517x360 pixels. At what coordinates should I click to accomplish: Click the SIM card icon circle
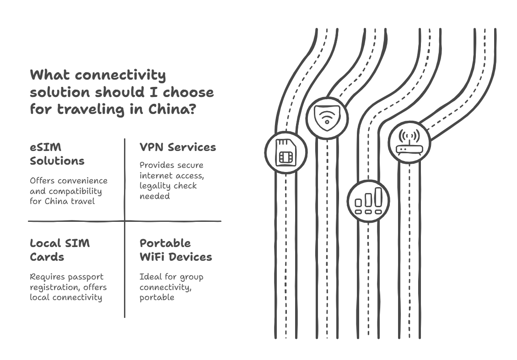point(286,152)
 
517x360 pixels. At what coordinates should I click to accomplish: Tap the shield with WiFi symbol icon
point(327,118)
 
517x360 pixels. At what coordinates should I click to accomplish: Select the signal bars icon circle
point(368,201)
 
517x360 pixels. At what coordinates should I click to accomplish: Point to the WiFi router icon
point(409,142)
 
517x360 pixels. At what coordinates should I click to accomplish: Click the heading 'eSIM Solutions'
point(57,154)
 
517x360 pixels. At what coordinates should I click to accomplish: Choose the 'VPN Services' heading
point(178,147)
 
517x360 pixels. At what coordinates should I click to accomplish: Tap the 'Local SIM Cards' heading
point(59,250)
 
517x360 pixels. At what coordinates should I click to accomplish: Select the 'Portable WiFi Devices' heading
point(176,250)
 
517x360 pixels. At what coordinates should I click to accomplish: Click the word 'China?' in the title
point(172,109)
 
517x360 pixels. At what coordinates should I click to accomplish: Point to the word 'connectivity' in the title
point(120,75)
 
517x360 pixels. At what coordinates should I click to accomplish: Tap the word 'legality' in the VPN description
point(154,186)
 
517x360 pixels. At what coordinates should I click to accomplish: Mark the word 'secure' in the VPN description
point(191,165)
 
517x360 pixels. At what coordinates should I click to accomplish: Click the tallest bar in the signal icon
point(378,197)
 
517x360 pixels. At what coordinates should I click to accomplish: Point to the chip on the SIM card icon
point(286,157)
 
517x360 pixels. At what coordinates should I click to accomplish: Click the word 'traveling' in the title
point(91,109)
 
